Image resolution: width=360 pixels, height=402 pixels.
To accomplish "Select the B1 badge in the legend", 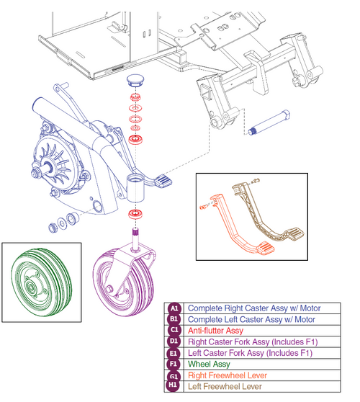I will (174, 319).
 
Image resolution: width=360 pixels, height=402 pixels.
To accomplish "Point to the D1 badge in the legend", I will (174, 342).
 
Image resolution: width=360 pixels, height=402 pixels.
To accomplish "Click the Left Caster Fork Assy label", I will (248, 354).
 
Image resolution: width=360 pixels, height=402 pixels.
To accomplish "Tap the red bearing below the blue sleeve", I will (133, 215).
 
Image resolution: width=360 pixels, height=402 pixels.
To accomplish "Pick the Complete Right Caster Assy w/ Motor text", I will (251, 308).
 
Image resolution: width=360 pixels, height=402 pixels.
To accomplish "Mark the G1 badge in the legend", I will (174, 377).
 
